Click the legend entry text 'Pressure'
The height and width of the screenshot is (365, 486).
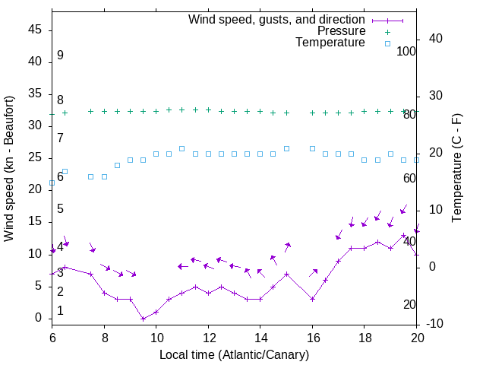341,31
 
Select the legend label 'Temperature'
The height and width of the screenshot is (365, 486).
330,43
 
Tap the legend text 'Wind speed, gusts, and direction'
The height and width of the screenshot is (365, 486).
277,19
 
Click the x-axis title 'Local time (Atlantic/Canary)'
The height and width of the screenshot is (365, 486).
235,354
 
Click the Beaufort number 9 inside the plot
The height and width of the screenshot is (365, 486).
60,56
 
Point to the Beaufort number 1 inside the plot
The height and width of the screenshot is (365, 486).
60,311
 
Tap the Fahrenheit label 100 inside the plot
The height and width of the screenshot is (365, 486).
406,52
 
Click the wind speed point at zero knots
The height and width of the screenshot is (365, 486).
143,319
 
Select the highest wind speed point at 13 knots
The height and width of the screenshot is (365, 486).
403,235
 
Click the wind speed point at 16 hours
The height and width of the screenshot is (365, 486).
312,299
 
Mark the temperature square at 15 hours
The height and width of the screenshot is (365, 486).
286,148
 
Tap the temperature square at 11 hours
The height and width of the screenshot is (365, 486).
182,148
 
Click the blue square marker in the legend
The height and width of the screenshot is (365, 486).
387,43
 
